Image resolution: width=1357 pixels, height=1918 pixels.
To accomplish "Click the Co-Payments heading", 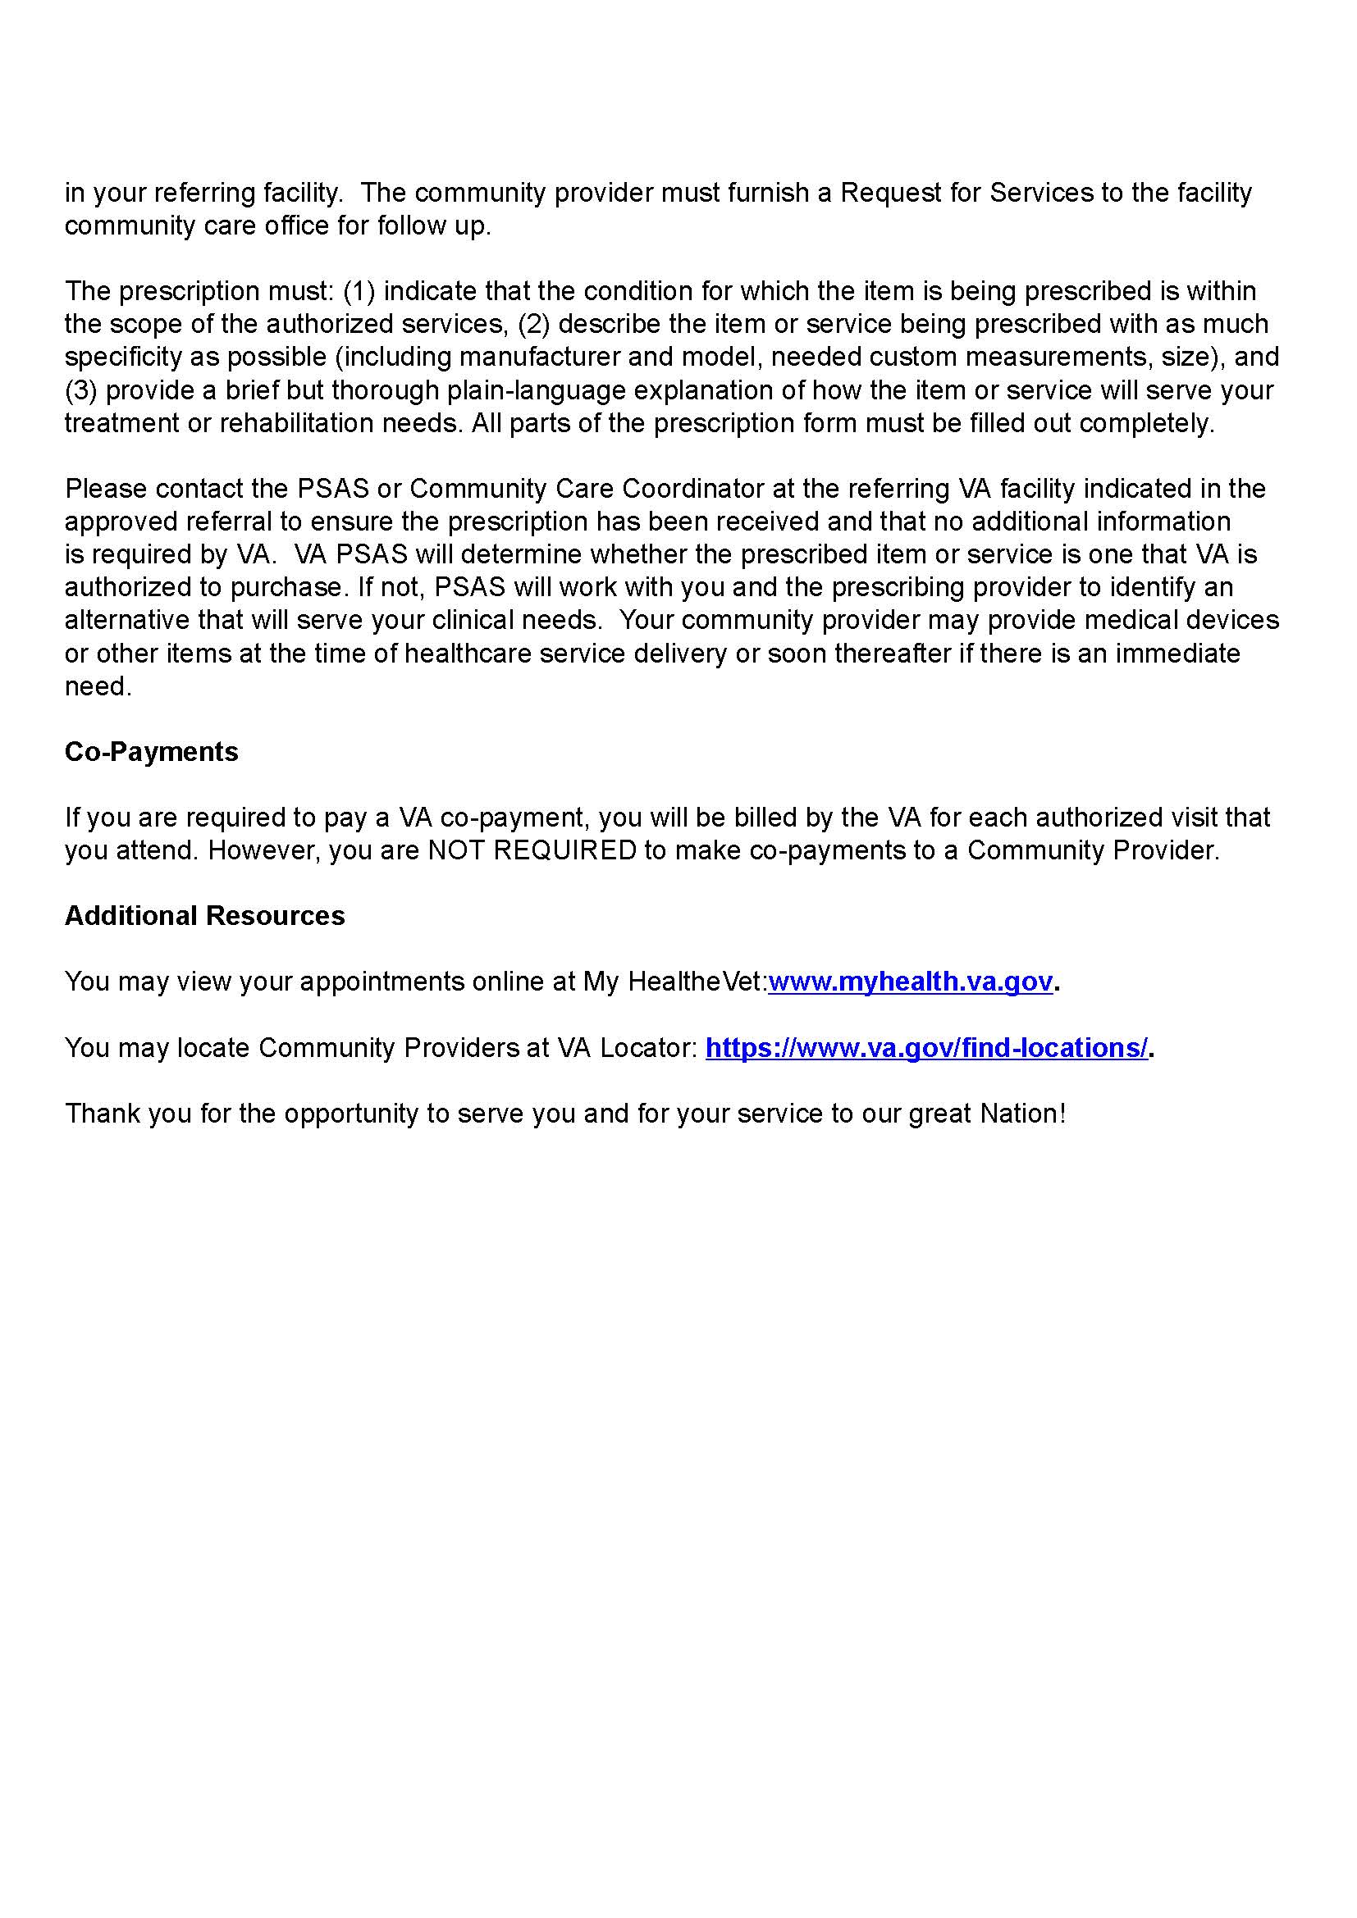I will coord(151,752).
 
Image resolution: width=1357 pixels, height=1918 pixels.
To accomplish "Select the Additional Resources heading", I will coord(205,916).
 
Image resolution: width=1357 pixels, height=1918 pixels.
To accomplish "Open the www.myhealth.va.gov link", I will coord(910,982).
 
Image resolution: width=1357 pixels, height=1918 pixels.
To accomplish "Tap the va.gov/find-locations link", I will coord(928,1047).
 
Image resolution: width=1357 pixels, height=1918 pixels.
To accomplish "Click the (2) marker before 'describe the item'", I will coord(534,324).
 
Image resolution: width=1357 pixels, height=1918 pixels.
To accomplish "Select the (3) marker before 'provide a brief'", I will coord(81,390).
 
